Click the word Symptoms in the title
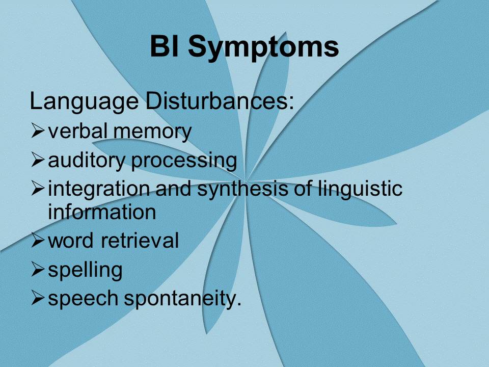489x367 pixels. click(x=263, y=47)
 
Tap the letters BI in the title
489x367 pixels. click(x=165, y=46)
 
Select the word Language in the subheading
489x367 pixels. click(x=84, y=102)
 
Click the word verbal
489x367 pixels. click(x=78, y=131)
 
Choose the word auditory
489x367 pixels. click(x=87, y=161)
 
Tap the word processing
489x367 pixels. click(x=184, y=162)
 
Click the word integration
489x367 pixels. click(x=99, y=190)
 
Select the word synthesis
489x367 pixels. click(x=242, y=190)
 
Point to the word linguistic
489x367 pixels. click(x=360, y=190)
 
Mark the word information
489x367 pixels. click(x=102, y=212)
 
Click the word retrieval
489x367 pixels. click(x=140, y=240)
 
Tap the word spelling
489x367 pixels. click(x=85, y=270)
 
